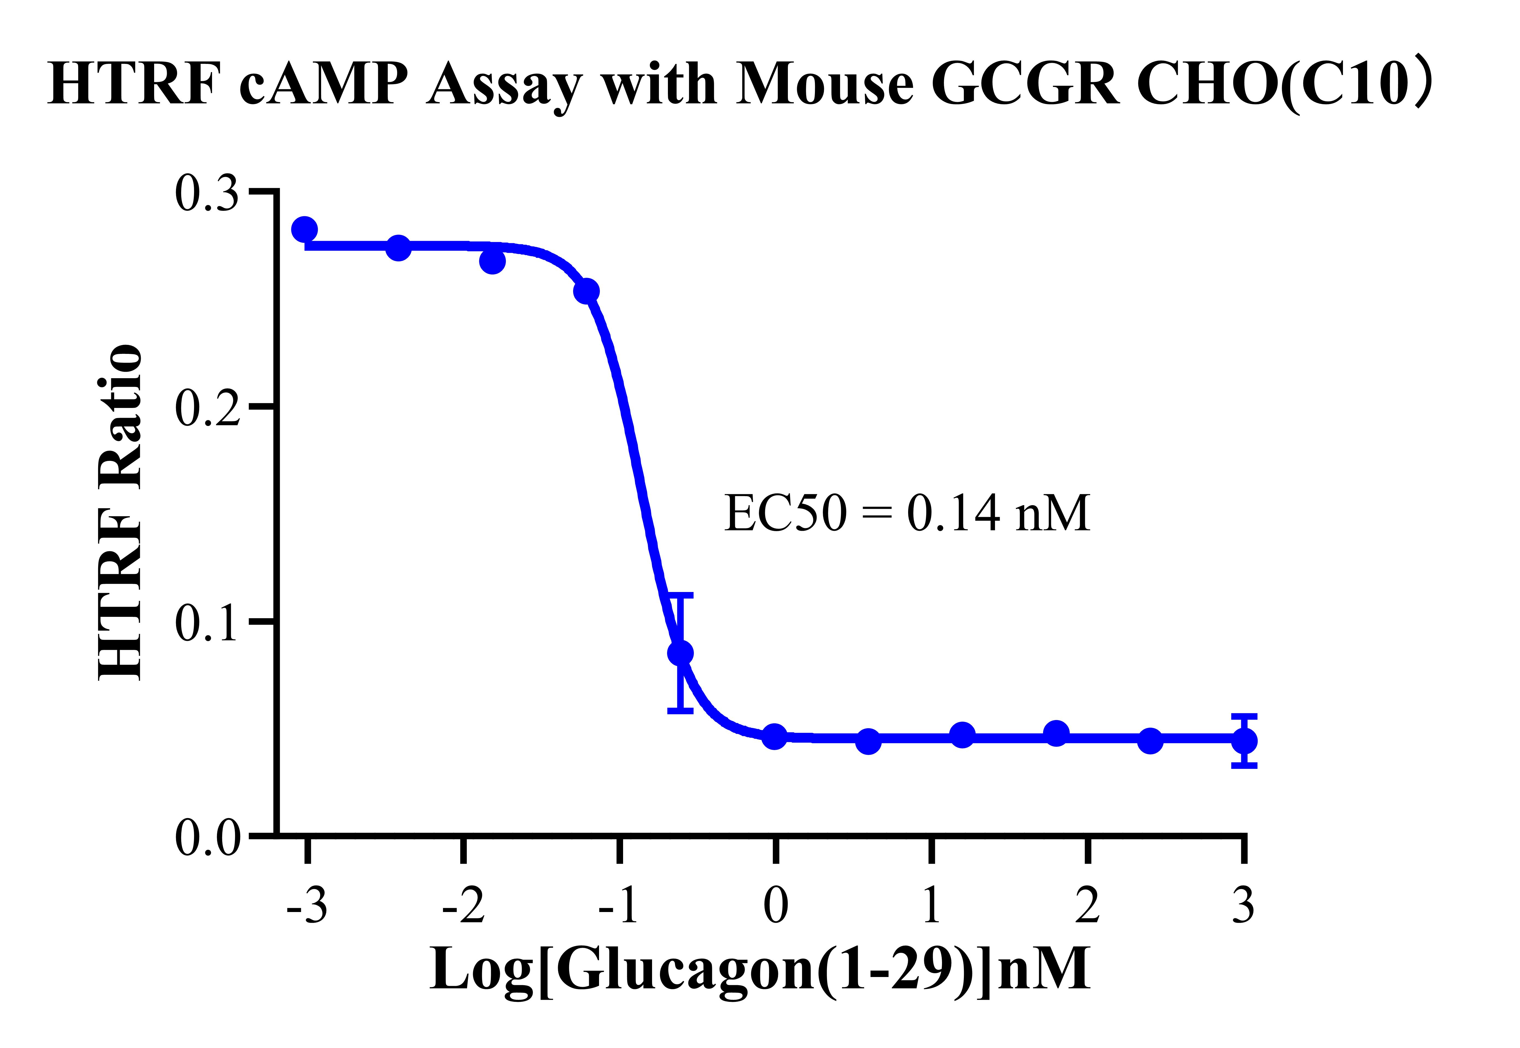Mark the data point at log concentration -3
[x=304, y=230]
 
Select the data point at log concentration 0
[x=776, y=737]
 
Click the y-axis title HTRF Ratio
[x=120, y=512]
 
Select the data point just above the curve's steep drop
[x=586, y=291]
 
